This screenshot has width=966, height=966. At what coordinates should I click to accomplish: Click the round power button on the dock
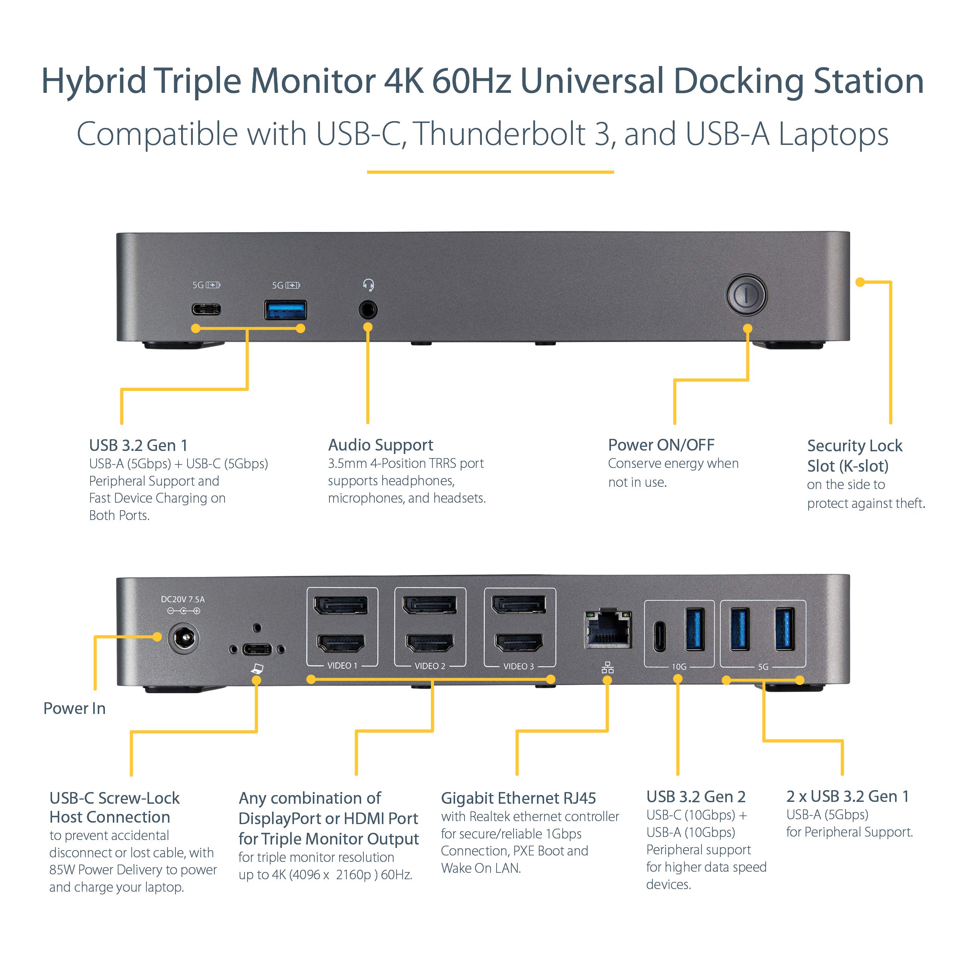(746, 294)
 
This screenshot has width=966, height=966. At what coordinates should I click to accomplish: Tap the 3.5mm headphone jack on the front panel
(368, 310)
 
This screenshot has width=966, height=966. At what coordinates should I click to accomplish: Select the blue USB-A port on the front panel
(286, 310)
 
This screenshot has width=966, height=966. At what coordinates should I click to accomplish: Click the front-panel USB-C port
(206, 309)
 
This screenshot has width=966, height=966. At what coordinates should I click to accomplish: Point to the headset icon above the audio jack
(369, 285)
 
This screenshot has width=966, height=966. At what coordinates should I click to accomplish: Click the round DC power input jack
(183, 638)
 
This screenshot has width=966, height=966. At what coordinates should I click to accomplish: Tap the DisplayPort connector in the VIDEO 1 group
(341, 606)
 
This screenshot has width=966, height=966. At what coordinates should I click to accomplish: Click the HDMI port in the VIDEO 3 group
(518, 643)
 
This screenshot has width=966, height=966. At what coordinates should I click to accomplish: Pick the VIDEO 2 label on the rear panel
(429, 666)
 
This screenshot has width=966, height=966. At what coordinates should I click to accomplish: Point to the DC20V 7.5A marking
(183, 599)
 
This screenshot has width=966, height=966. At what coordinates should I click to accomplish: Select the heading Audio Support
(380, 445)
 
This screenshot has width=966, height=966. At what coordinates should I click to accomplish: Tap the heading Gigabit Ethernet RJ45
(518, 798)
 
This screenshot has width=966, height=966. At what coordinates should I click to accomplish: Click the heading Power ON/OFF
(661, 445)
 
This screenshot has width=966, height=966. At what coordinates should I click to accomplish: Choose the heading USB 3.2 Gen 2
(695, 797)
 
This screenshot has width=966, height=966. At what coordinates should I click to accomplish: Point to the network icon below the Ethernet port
(608, 668)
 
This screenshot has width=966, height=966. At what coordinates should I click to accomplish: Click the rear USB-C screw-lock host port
(257, 649)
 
